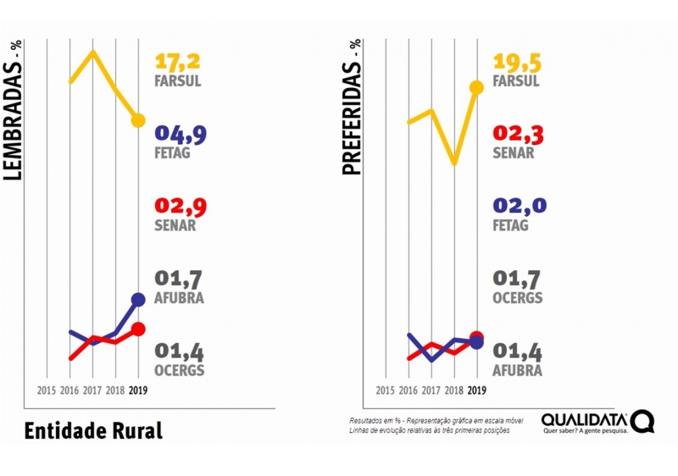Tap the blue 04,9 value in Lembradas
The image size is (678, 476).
pos(181,134)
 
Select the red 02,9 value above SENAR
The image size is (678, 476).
pos(181,207)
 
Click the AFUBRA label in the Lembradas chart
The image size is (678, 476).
pos(179,298)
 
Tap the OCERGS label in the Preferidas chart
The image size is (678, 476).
pos(517,298)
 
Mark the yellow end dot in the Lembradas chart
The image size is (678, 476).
pos(139,120)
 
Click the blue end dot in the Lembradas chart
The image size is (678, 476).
pos(139,299)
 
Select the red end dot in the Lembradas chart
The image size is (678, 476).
pos(139,329)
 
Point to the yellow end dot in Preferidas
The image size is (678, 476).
pos(476,86)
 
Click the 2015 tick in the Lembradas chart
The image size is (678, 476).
pos(47,390)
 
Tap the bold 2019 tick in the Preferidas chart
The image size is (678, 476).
pos(476,390)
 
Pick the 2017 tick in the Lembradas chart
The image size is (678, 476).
pos(92,390)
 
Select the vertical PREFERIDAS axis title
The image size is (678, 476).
pos(353,108)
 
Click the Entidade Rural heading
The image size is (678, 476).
pos(93,429)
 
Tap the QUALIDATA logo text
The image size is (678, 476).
pos(584,418)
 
